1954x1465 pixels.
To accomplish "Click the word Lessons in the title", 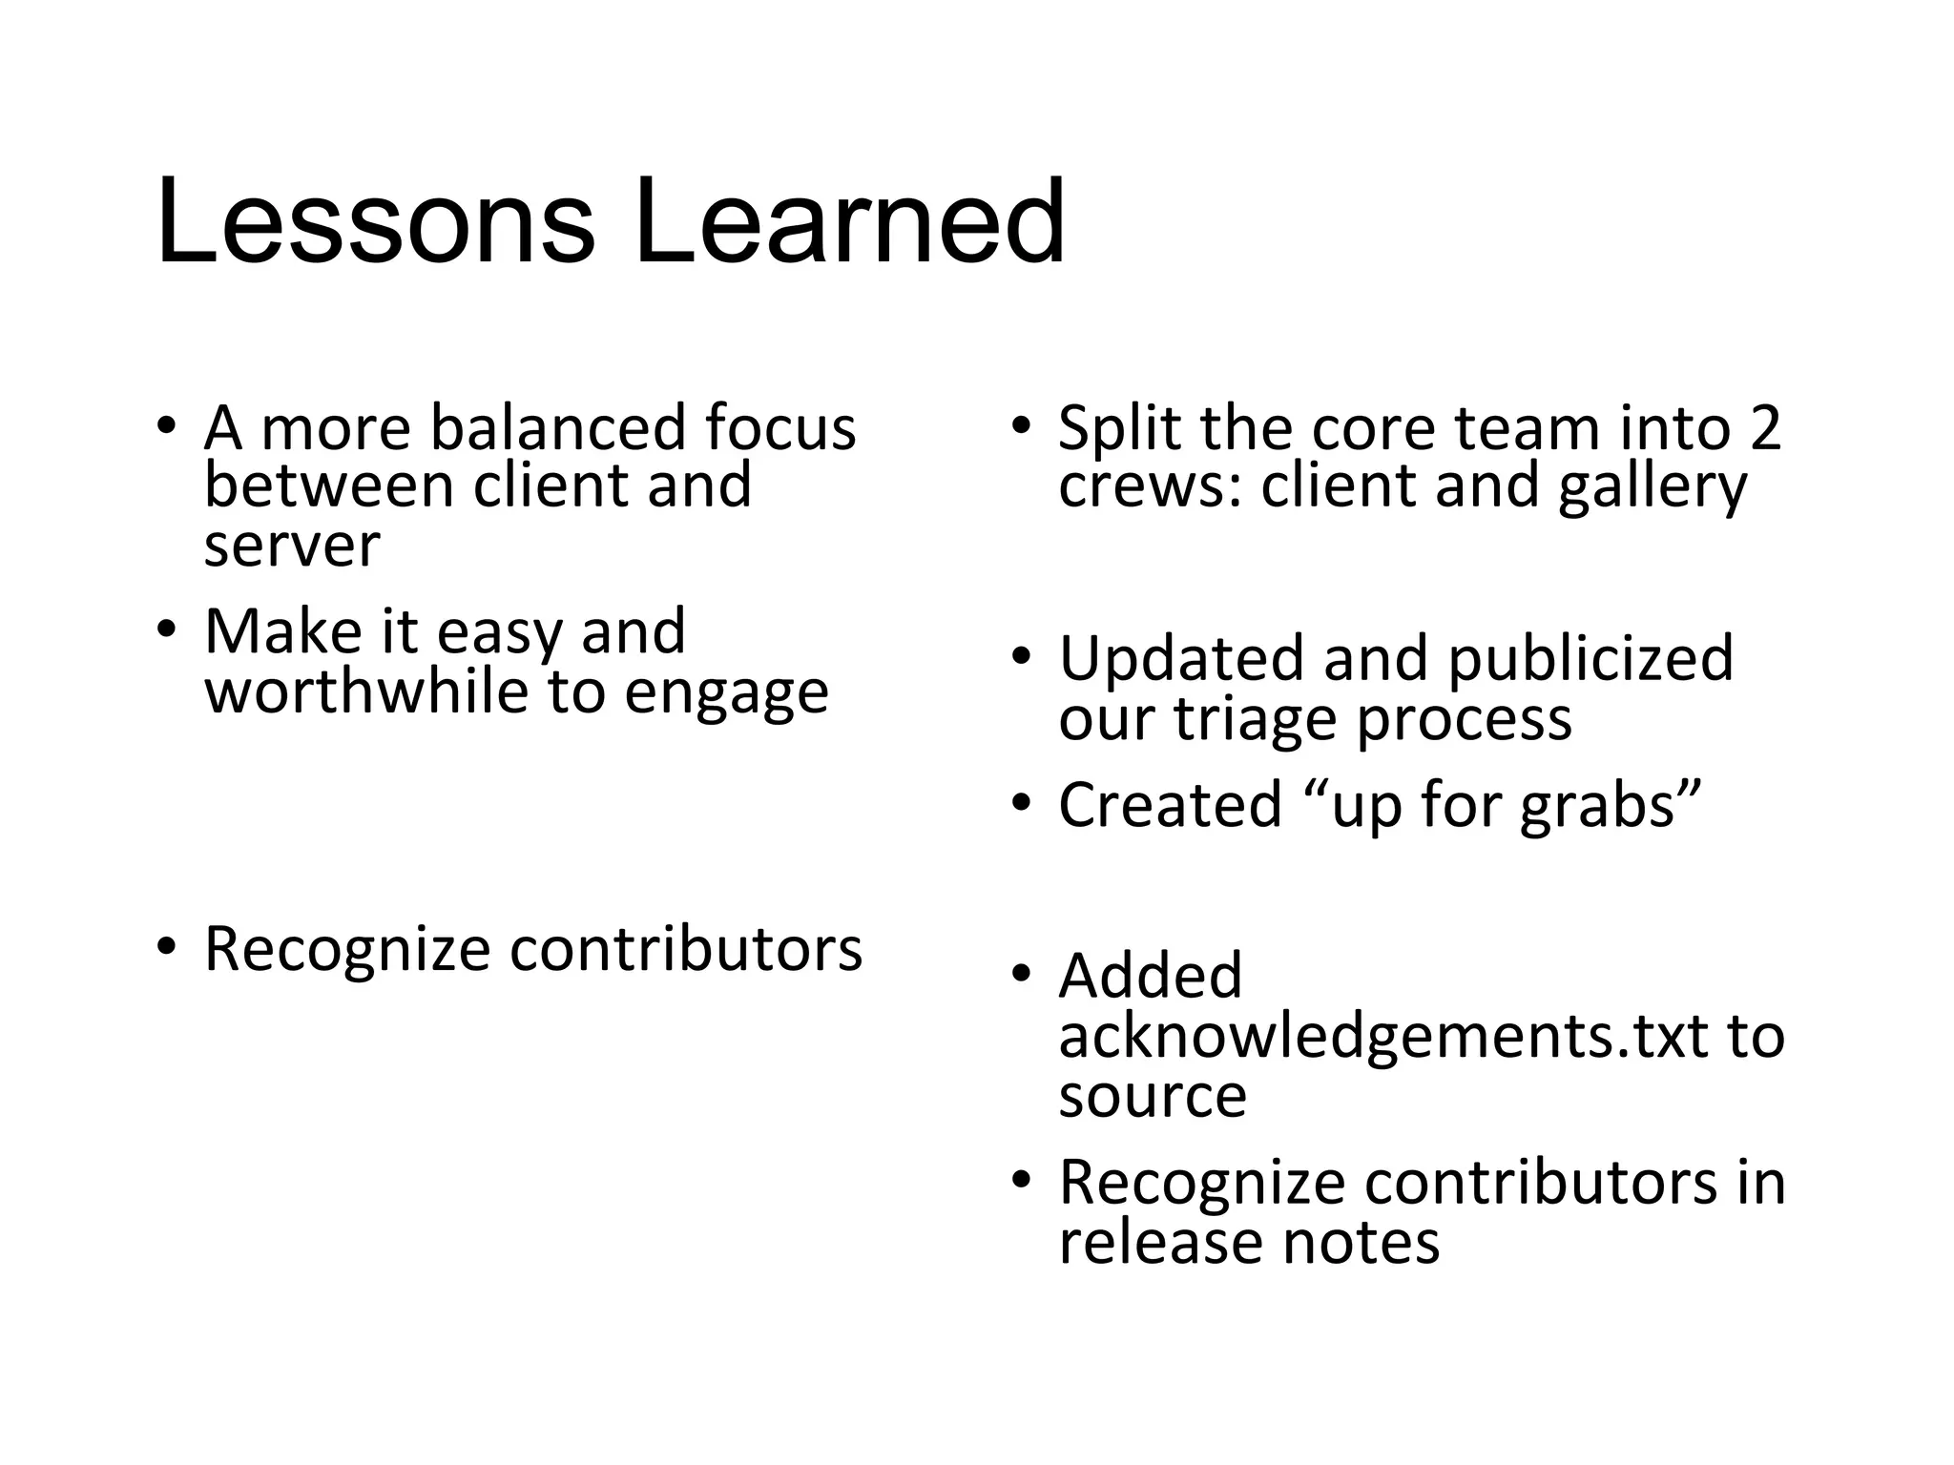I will (375, 222).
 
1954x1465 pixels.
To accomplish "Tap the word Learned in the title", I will (848, 222).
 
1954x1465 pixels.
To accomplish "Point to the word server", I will (292, 547).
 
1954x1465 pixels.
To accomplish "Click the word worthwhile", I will (366, 691).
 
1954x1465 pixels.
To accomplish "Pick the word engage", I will (727, 693).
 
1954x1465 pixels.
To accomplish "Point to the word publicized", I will (1590, 659).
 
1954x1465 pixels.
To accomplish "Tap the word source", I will (1153, 1095).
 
